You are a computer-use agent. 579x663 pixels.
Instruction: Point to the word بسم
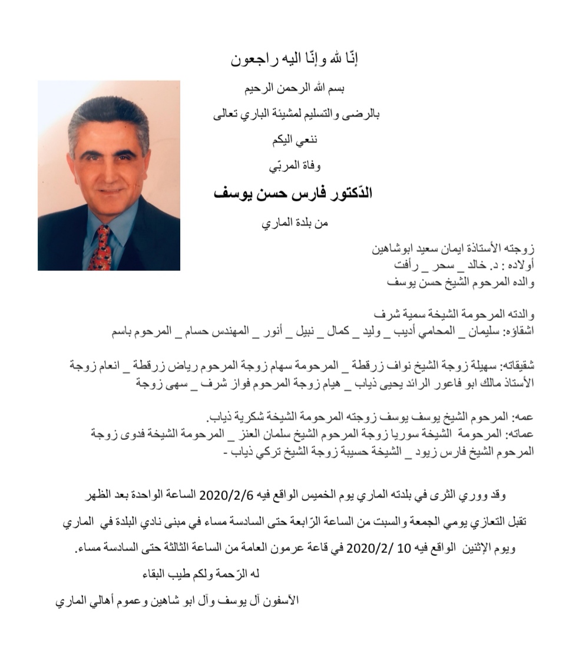pyautogui.click(x=335, y=90)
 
